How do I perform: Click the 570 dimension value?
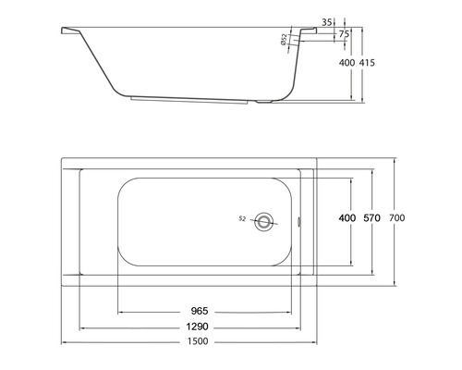click(x=371, y=217)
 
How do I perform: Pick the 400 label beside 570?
click(x=346, y=217)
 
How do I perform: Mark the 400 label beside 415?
click(x=346, y=63)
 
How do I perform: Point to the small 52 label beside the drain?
click(x=242, y=219)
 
